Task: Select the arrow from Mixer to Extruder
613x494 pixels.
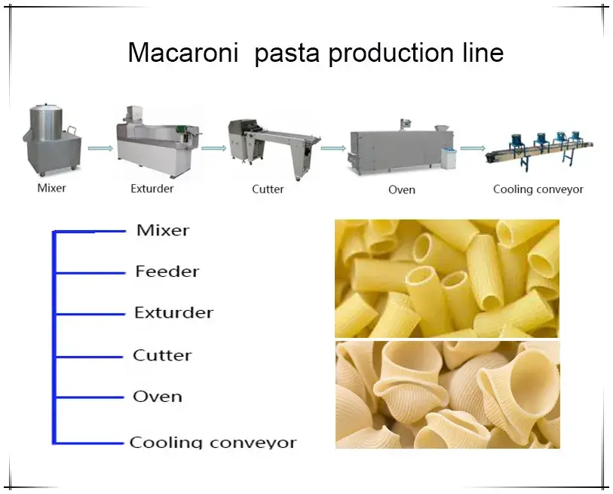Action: pyautogui.click(x=100, y=148)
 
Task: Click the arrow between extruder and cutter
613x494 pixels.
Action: pyautogui.click(x=213, y=148)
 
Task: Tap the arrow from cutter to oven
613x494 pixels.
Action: pyautogui.click(x=333, y=148)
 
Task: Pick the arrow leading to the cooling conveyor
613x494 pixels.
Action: pyautogui.click(x=472, y=148)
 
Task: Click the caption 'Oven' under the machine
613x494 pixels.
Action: pyautogui.click(x=401, y=189)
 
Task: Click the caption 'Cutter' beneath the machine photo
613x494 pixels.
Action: pyautogui.click(x=268, y=189)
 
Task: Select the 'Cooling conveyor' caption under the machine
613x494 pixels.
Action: pyautogui.click(x=538, y=189)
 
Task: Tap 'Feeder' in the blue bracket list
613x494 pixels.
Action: pyautogui.click(x=167, y=271)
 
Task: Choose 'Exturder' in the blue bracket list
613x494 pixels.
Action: pyautogui.click(x=173, y=312)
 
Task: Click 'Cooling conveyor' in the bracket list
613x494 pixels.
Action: pyautogui.click(x=213, y=443)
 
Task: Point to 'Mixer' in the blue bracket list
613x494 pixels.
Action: pyautogui.click(x=162, y=230)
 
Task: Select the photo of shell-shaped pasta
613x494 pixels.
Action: pyautogui.click(x=446, y=394)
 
